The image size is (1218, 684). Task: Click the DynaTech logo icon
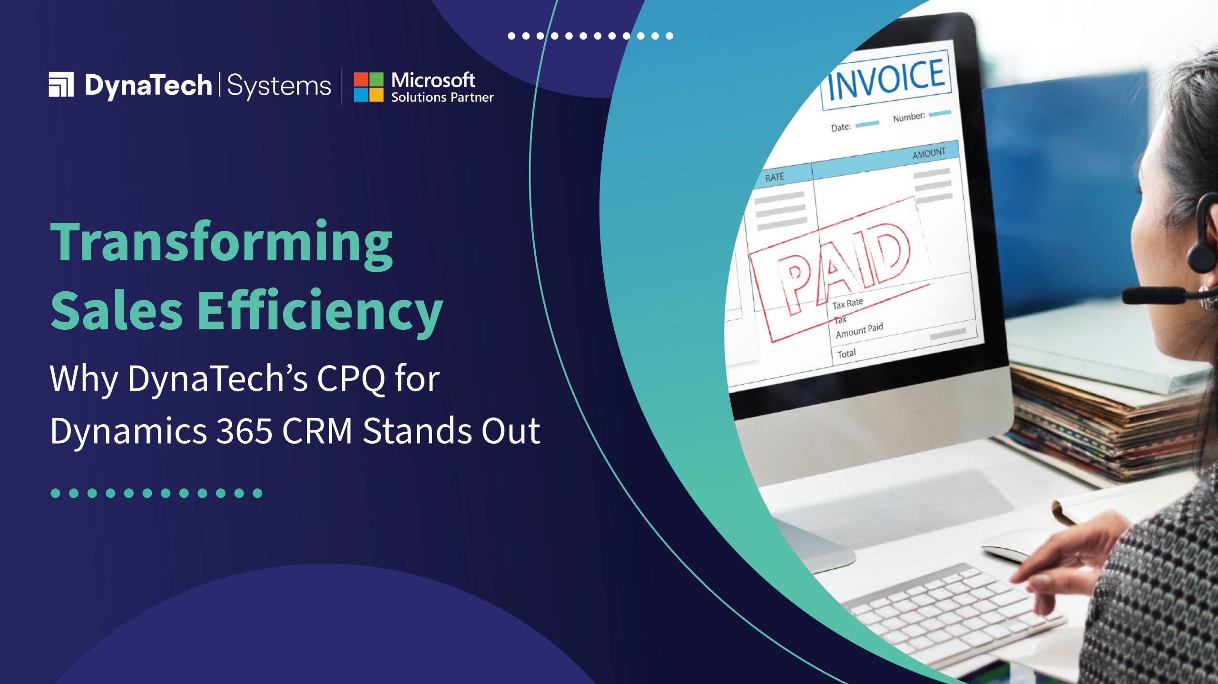click(61, 84)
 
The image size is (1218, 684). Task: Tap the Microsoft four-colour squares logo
click(368, 87)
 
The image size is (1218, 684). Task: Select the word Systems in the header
click(279, 87)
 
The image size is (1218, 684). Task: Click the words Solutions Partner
click(442, 97)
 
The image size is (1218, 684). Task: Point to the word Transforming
click(222, 243)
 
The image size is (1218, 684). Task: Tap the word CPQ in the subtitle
click(351, 379)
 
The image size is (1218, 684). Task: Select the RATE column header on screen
click(775, 178)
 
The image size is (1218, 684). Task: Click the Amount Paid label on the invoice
click(859, 330)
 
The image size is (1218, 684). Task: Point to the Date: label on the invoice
click(841, 128)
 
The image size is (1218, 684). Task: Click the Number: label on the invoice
click(909, 117)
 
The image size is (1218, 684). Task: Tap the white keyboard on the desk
click(952, 614)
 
